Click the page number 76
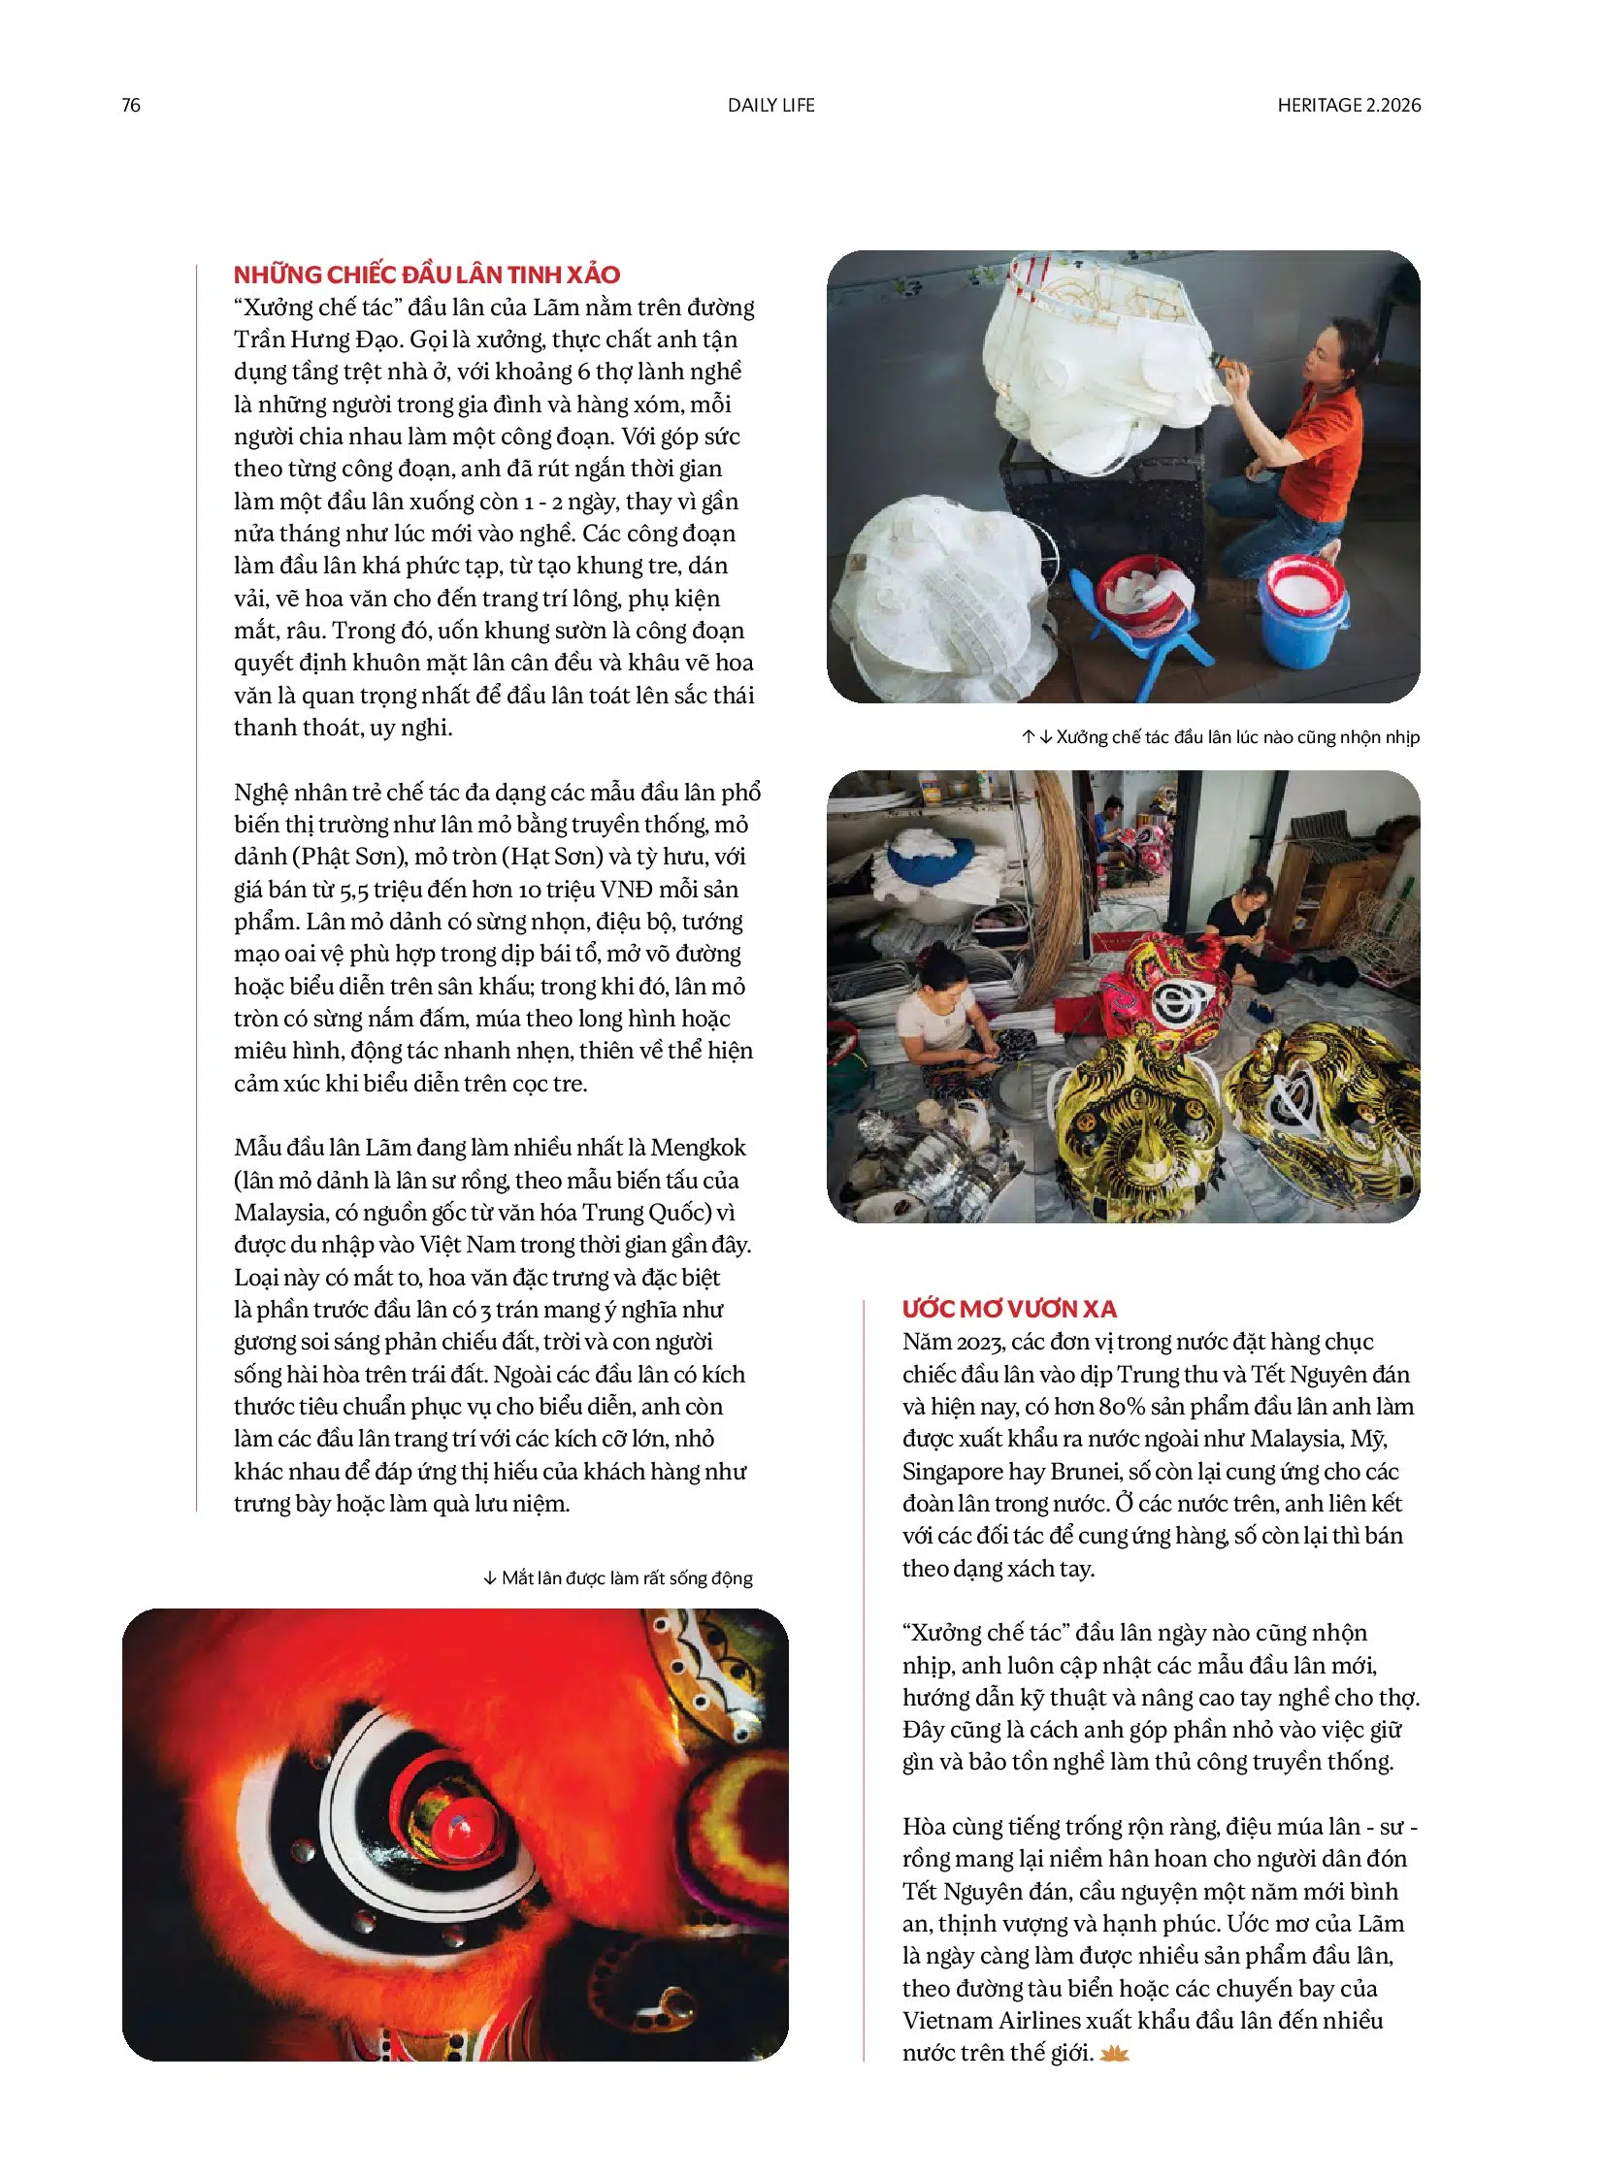[131, 105]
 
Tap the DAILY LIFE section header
[771, 105]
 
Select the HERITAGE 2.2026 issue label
[1349, 105]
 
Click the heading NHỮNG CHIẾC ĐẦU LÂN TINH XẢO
[427, 274]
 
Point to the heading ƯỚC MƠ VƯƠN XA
[1009, 1309]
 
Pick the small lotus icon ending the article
[1114, 2053]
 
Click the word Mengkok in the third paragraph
[698, 1148]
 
